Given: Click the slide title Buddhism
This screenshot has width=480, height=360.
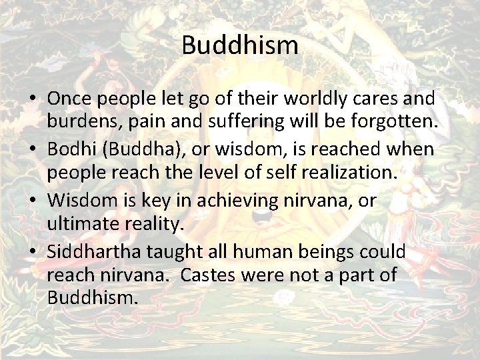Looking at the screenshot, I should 239,46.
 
